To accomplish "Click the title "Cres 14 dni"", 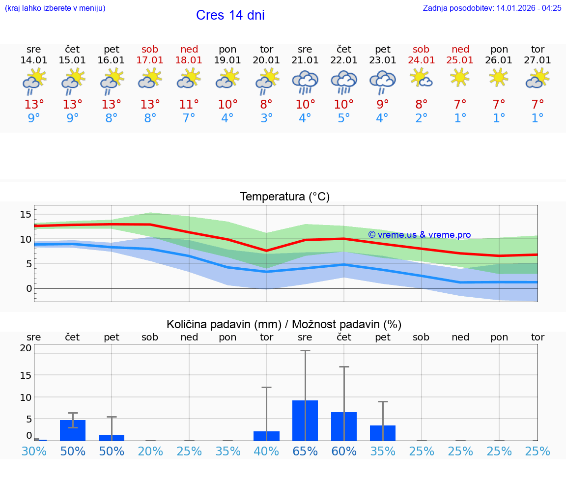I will (230, 15).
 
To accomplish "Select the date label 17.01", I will (150, 60).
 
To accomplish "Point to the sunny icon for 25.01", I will (460, 77).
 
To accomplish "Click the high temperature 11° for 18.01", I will (189, 105).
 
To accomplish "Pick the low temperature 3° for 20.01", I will (266, 118).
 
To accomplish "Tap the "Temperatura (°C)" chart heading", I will (284, 197).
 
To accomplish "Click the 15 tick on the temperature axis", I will (26, 214).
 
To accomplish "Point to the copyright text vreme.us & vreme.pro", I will (419, 235).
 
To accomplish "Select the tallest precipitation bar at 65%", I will (305, 421).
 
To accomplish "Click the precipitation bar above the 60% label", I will (344, 426).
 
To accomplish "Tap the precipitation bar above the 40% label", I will (266, 436).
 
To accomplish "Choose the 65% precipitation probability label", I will (305, 451).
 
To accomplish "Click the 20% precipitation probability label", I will (150, 451).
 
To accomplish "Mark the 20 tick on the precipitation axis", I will (26, 348).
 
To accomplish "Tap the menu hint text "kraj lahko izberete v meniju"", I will (55, 8).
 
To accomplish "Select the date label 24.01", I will (421, 60).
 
